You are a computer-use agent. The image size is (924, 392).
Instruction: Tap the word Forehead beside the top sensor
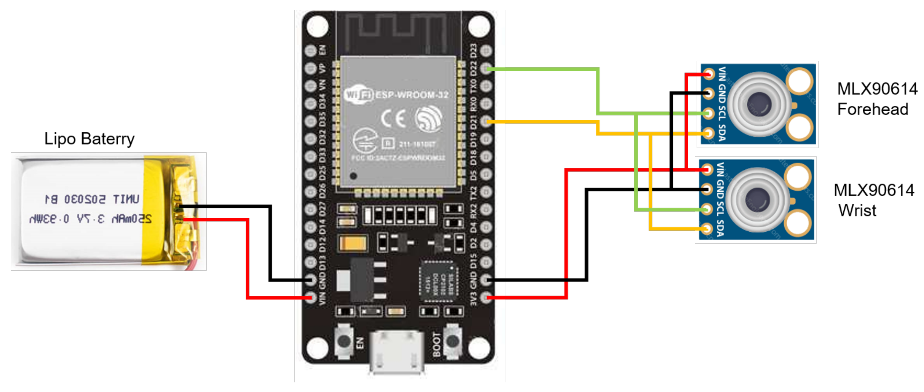872,109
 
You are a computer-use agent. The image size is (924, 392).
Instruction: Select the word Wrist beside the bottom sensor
857,210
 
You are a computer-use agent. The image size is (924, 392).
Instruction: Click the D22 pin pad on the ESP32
486,68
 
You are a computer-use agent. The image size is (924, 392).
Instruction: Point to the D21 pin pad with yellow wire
486,121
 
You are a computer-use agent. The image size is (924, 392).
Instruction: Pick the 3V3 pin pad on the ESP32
486,297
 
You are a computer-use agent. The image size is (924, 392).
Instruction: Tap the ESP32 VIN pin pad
311,297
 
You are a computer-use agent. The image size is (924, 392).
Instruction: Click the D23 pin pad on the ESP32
486,51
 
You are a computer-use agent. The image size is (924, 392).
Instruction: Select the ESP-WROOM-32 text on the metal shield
412,95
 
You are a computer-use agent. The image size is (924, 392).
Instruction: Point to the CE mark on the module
393,118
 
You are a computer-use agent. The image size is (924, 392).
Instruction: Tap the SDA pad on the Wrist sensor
707,228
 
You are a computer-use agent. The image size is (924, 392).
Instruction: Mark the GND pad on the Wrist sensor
707,189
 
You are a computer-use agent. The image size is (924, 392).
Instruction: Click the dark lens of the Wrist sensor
757,200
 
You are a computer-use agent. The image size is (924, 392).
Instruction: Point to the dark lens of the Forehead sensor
759,104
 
